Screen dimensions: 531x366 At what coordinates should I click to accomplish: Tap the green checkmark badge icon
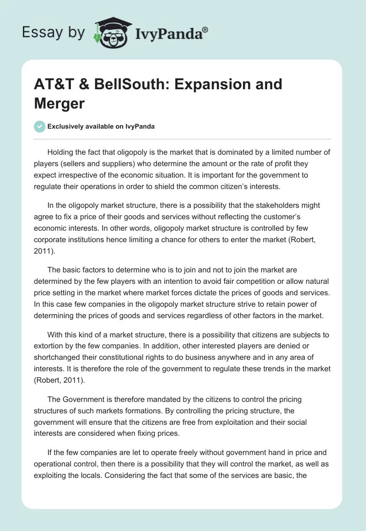click(40, 126)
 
